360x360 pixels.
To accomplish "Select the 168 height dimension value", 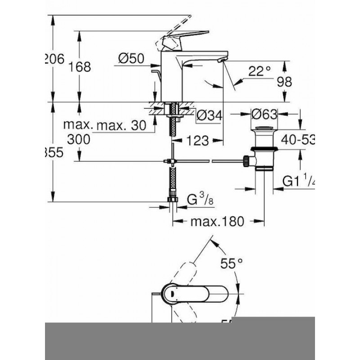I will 81,67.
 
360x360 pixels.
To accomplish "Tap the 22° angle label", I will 261,71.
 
